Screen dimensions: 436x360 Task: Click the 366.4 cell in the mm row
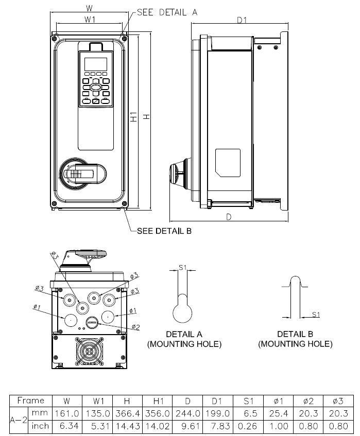tap(129, 413)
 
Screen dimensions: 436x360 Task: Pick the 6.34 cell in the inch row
tap(69, 426)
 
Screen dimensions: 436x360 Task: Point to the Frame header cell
tap(31, 400)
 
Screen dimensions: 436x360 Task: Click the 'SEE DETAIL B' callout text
tap(164, 231)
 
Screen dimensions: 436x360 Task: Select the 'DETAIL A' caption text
tap(184, 334)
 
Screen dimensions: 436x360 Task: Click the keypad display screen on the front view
tap(95, 64)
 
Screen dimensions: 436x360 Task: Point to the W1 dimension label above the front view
tap(90, 20)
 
